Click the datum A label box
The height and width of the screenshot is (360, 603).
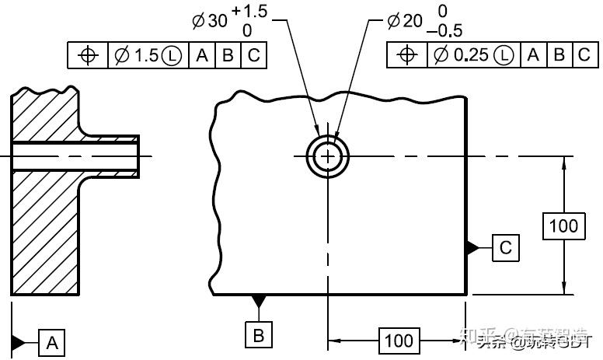point(52,342)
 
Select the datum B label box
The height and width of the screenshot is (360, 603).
point(259,335)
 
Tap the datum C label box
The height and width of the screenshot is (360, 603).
point(505,248)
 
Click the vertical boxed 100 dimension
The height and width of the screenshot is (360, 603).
point(563,225)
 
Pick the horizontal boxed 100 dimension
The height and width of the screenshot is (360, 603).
point(399,341)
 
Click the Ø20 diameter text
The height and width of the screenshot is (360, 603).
point(403,21)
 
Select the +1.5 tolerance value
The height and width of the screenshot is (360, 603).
point(249,11)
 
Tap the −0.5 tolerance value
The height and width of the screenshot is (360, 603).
point(444,31)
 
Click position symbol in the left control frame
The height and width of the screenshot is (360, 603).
point(88,55)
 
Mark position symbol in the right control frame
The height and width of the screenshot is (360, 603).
point(406,55)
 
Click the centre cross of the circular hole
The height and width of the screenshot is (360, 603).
point(328,156)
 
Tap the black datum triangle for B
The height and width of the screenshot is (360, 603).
point(259,301)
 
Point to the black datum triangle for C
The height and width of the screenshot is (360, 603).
point(472,248)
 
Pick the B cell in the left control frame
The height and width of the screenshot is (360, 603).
point(228,55)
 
